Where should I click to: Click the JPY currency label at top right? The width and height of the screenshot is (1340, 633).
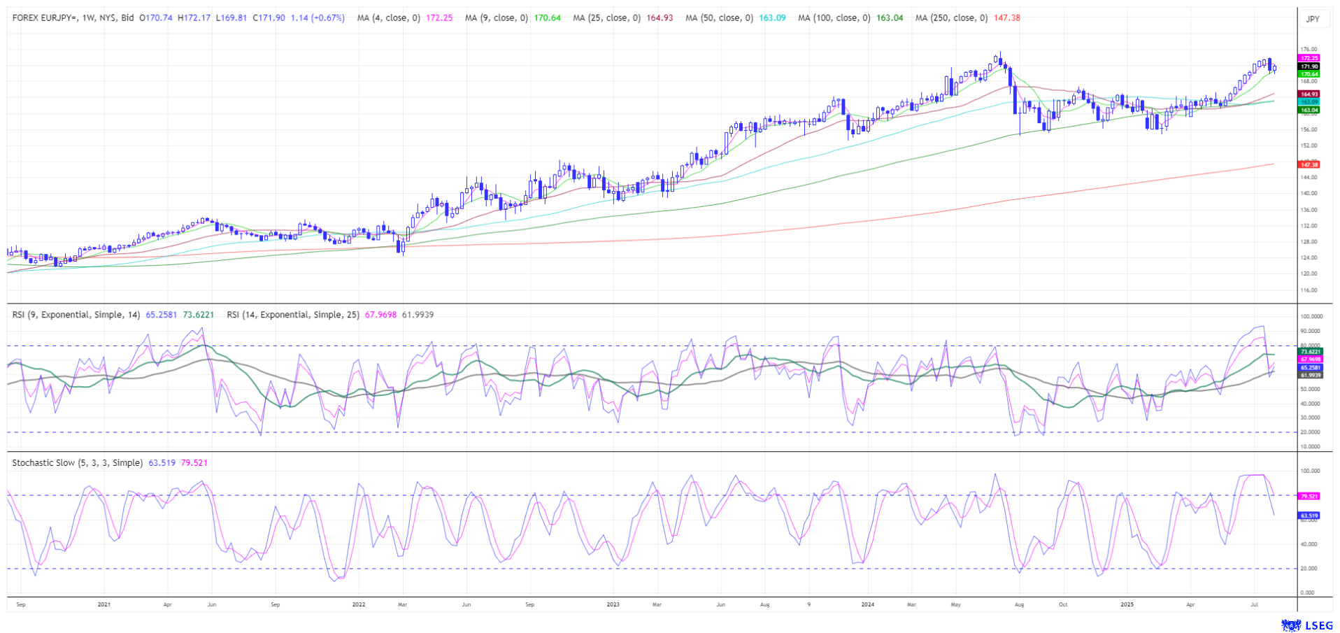click(x=1313, y=19)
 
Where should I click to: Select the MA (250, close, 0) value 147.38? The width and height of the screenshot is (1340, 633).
click(x=1006, y=18)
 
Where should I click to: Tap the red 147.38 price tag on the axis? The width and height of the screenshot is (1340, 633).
click(x=1309, y=164)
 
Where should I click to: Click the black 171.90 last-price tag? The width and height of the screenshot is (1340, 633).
click(x=1309, y=66)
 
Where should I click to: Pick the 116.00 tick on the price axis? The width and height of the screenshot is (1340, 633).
click(x=1309, y=290)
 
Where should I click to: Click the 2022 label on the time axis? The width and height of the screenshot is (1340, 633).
click(x=358, y=604)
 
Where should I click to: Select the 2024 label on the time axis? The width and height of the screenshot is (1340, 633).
click(x=867, y=604)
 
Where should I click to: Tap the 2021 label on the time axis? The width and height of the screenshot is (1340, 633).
click(x=104, y=604)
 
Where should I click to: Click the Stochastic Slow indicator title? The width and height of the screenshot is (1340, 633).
click(x=77, y=463)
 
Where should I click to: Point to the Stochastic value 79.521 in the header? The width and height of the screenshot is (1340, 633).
click(x=194, y=463)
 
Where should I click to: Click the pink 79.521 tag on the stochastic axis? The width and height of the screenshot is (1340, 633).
click(x=1309, y=496)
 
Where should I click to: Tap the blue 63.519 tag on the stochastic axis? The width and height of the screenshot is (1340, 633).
click(x=1309, y=515)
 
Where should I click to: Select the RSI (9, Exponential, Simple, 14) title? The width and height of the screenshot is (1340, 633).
click(x=76, y=315)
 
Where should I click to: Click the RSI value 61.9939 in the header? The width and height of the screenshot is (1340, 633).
click(x=418, y=315)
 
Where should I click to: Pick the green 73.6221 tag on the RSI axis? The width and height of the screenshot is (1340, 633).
click(x=1310, y=351)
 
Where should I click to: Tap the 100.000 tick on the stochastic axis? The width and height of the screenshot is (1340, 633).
click(x=1310, y=471)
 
